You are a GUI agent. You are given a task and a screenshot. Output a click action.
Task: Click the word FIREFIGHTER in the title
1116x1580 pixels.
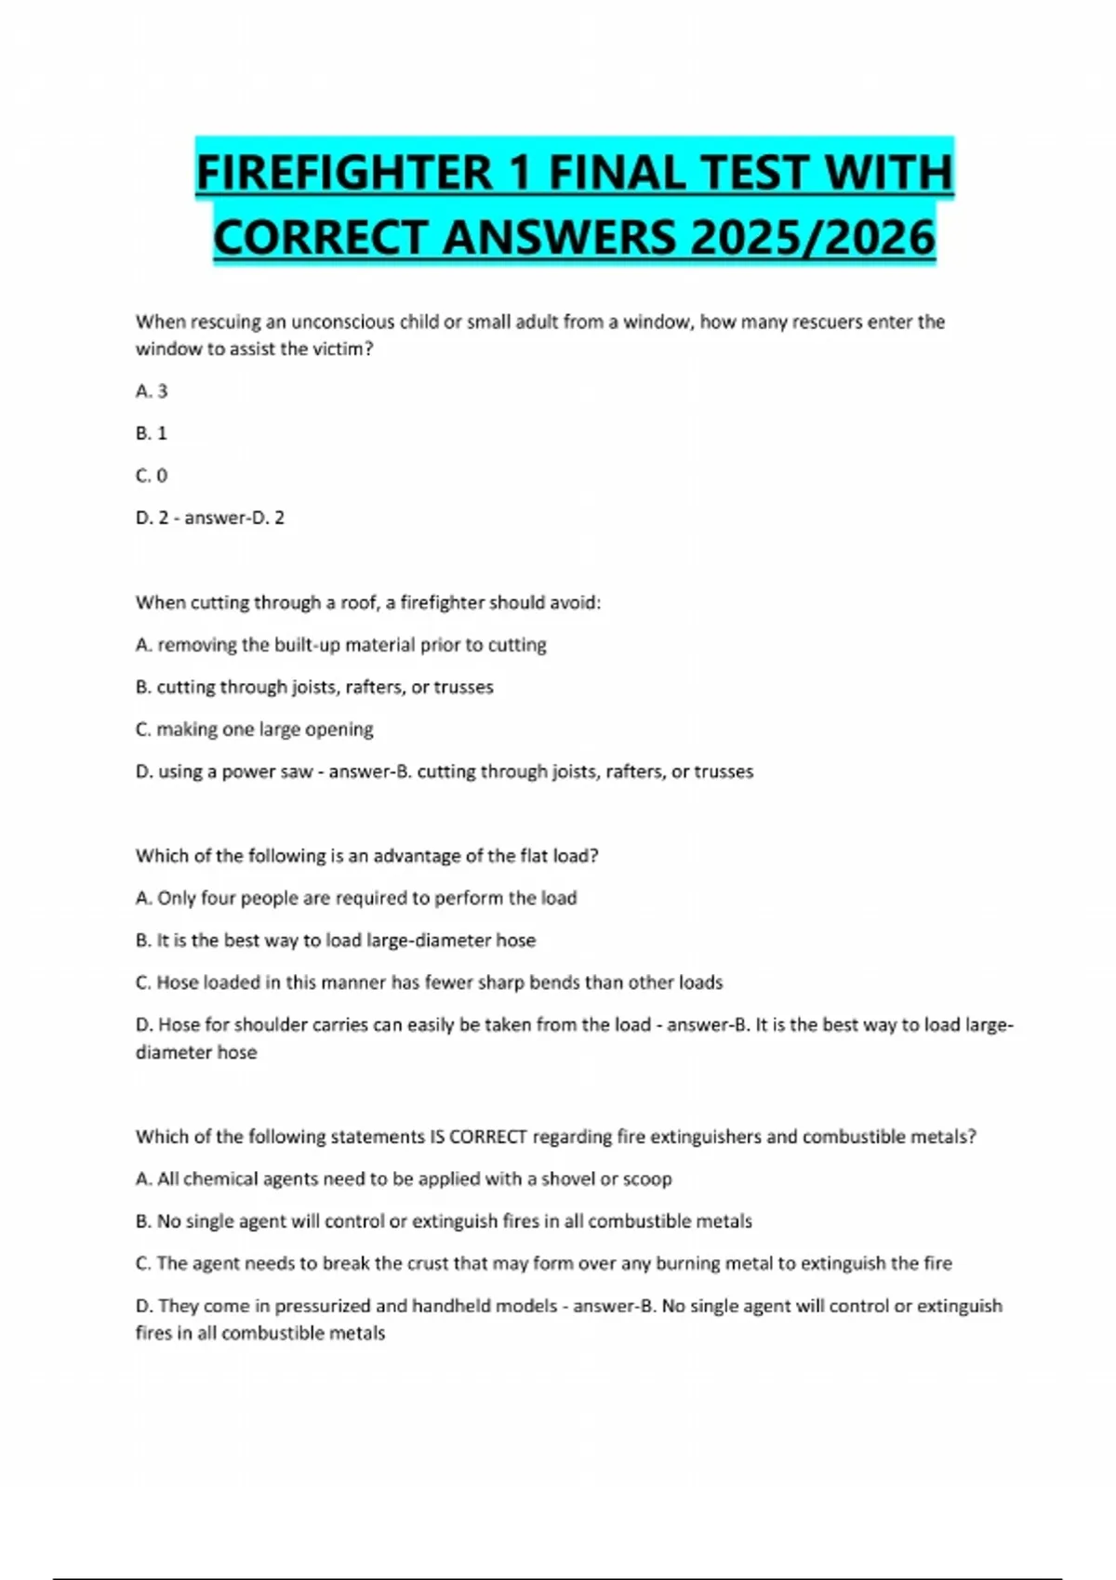pyautogui.click(x=344, y=173)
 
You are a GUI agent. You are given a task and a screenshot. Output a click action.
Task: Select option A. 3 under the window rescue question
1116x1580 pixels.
pyautogui.click(x=152, y=391)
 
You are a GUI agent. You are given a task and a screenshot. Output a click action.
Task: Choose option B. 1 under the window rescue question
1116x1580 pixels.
pyautogui.click(x=152, y=433)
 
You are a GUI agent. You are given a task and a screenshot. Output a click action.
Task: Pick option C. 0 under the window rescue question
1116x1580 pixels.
pyautogui.click(x=152, y=476)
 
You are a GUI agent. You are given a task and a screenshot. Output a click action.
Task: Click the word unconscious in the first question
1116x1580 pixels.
pyautogui.click(x=341, y=323)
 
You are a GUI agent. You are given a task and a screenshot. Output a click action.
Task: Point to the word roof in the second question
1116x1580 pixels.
pyautogui.click(x=359, y=603)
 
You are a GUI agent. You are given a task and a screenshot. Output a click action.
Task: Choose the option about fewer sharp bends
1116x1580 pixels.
pyautogui.click(x=439, y=982)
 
